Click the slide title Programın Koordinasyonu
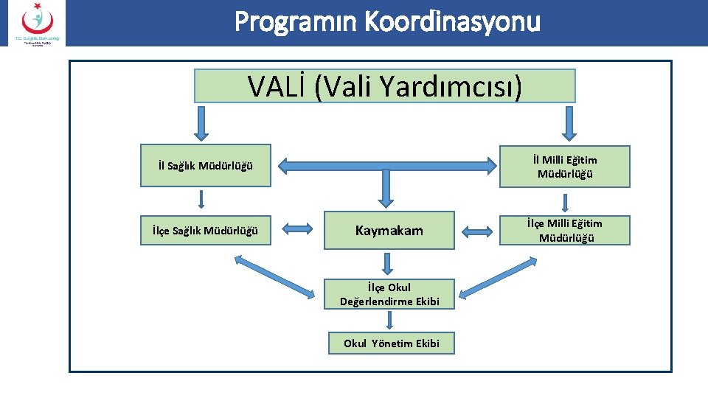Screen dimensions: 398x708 387,22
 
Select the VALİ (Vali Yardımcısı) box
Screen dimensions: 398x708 384,86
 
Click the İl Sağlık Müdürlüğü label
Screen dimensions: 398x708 205,165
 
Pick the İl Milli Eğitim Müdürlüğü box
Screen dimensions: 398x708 565,167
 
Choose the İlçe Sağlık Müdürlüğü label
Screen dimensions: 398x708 205,231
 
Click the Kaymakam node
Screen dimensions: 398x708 389,231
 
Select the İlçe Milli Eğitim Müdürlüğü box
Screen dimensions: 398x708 565,230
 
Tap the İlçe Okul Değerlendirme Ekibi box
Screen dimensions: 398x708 389,294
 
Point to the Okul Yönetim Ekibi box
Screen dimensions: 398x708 391,343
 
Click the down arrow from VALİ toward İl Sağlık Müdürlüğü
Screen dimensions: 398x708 201,122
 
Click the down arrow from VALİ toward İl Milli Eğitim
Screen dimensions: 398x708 567,122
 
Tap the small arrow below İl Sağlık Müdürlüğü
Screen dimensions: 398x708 201,200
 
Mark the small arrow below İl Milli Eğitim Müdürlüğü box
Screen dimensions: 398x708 565,203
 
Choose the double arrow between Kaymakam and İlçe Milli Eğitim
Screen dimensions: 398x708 479,230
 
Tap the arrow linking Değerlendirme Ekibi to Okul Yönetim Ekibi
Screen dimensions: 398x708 389,319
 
